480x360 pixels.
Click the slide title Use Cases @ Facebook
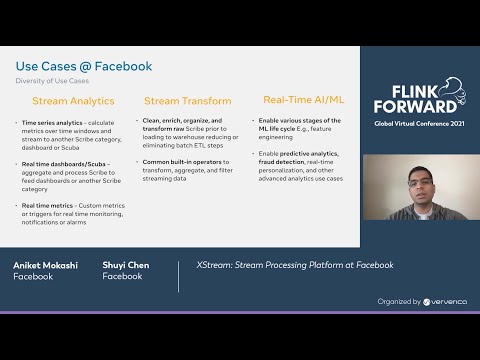pos(83,67)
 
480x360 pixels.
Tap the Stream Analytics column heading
pos(73,101)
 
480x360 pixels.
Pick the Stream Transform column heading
pos(188,101)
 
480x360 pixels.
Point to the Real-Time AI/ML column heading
pos(302,100)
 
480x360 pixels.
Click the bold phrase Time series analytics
pos(50,122)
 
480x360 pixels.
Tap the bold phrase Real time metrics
pos(48,204)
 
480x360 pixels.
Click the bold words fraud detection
pos(278,160)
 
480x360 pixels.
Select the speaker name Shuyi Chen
pos(126,265)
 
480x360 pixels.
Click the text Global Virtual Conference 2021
pos(417,124)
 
